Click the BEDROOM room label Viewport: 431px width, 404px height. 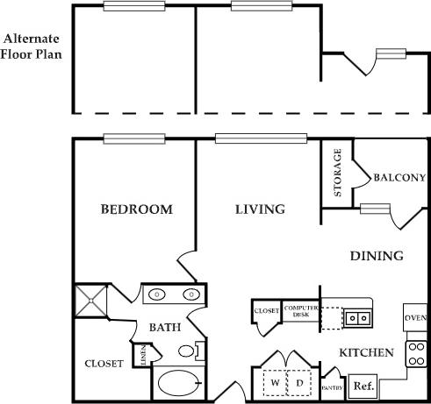coord(135,209)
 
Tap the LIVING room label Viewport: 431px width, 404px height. coord(260,209)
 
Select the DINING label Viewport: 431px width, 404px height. coord(377,256)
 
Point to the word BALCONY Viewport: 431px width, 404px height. coord(399,177)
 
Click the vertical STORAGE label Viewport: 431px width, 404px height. coord(338,174)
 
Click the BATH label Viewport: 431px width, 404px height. coord(164,328)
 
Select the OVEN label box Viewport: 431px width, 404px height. coord(414,317)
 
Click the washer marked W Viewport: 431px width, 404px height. coord(274,383)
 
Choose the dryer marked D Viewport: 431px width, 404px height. coord(298,383)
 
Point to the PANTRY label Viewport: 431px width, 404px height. coord(331,386)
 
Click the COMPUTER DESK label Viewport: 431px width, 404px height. coord(299,311)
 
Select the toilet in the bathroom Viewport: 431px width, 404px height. coord(188,351)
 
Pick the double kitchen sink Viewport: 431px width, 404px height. coord(356,317)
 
